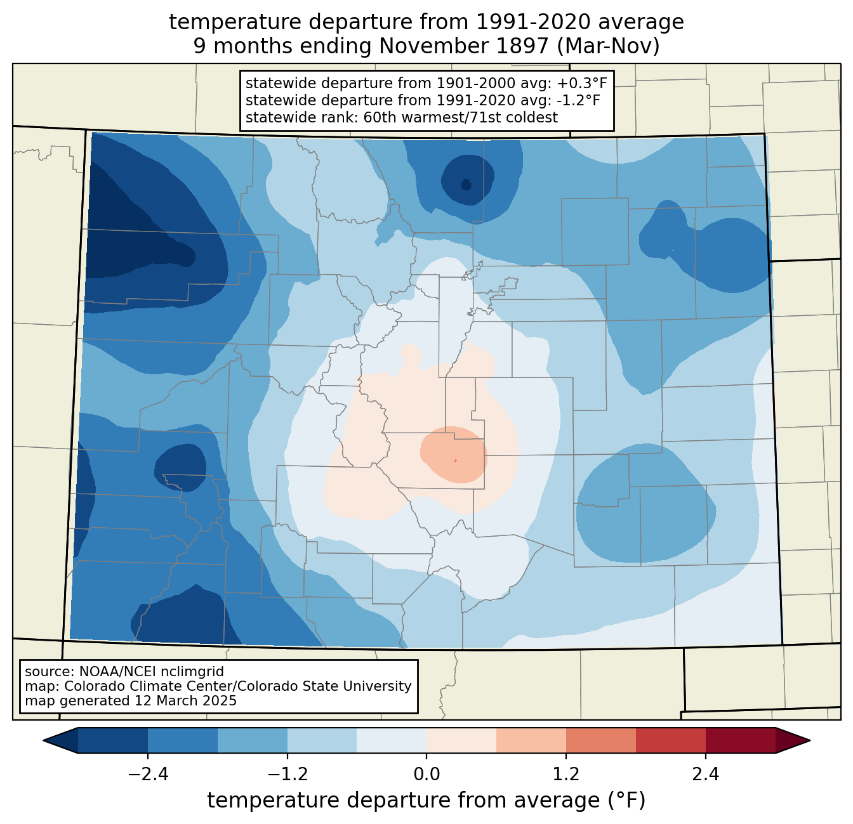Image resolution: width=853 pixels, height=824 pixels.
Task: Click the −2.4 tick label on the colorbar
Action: pos(148,775)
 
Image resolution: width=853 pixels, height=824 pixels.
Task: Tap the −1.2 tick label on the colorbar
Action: pos(288,775)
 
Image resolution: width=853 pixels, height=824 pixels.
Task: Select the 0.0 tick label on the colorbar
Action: pos(426,775)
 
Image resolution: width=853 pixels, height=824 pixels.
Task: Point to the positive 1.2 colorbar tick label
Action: pos(566,775)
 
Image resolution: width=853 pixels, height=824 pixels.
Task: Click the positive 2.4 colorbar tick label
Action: pos(705,775)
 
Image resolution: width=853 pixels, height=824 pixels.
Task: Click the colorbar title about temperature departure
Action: pos(426,801)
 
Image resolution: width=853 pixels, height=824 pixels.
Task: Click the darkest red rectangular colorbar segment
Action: pos(740,740)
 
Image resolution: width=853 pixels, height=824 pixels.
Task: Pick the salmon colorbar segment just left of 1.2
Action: pos(531,740)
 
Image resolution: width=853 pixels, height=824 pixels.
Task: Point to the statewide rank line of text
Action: pos(401,117)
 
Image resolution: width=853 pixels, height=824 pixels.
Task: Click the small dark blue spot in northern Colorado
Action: pos(466,185)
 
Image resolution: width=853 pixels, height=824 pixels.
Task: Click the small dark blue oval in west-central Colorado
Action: pos(180,466)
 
